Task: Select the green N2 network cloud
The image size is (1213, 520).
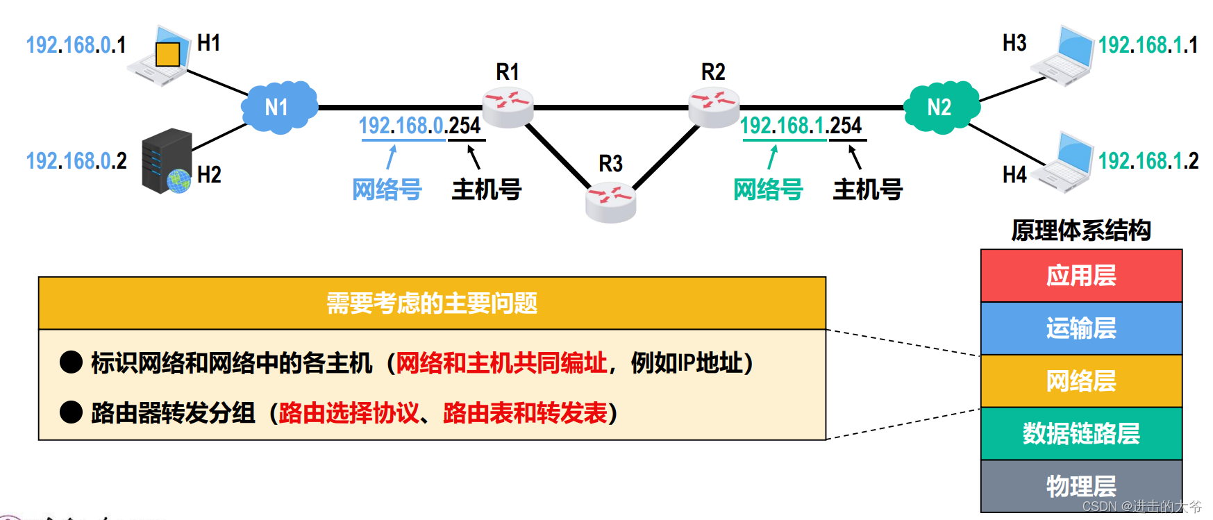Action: click(941, 107)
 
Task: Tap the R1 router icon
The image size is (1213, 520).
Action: click(508, 107)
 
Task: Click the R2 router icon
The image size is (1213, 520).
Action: click(714, 107)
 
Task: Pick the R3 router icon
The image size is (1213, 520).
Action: click(610, 201)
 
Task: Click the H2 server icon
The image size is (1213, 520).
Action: click(167, 161)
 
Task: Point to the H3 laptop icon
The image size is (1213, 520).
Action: click(1063, 56)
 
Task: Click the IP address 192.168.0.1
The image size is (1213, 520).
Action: click(76, 45)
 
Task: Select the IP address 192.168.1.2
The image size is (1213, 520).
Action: click(1148, 161)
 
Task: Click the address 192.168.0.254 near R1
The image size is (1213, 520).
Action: click(419, 126)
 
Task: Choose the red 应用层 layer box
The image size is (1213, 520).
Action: click(1081, 276)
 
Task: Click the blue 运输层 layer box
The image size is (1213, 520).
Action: click(1081, 328)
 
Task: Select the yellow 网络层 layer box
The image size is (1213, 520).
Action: click(1081, 380)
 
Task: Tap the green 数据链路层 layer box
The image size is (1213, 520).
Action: click(1081, 433)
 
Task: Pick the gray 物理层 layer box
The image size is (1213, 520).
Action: click(1081, 485)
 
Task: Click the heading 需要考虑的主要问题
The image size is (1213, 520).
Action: click(432, 303)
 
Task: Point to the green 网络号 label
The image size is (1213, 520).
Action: click(768, 189)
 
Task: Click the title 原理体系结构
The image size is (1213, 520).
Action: click(1081, 230)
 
